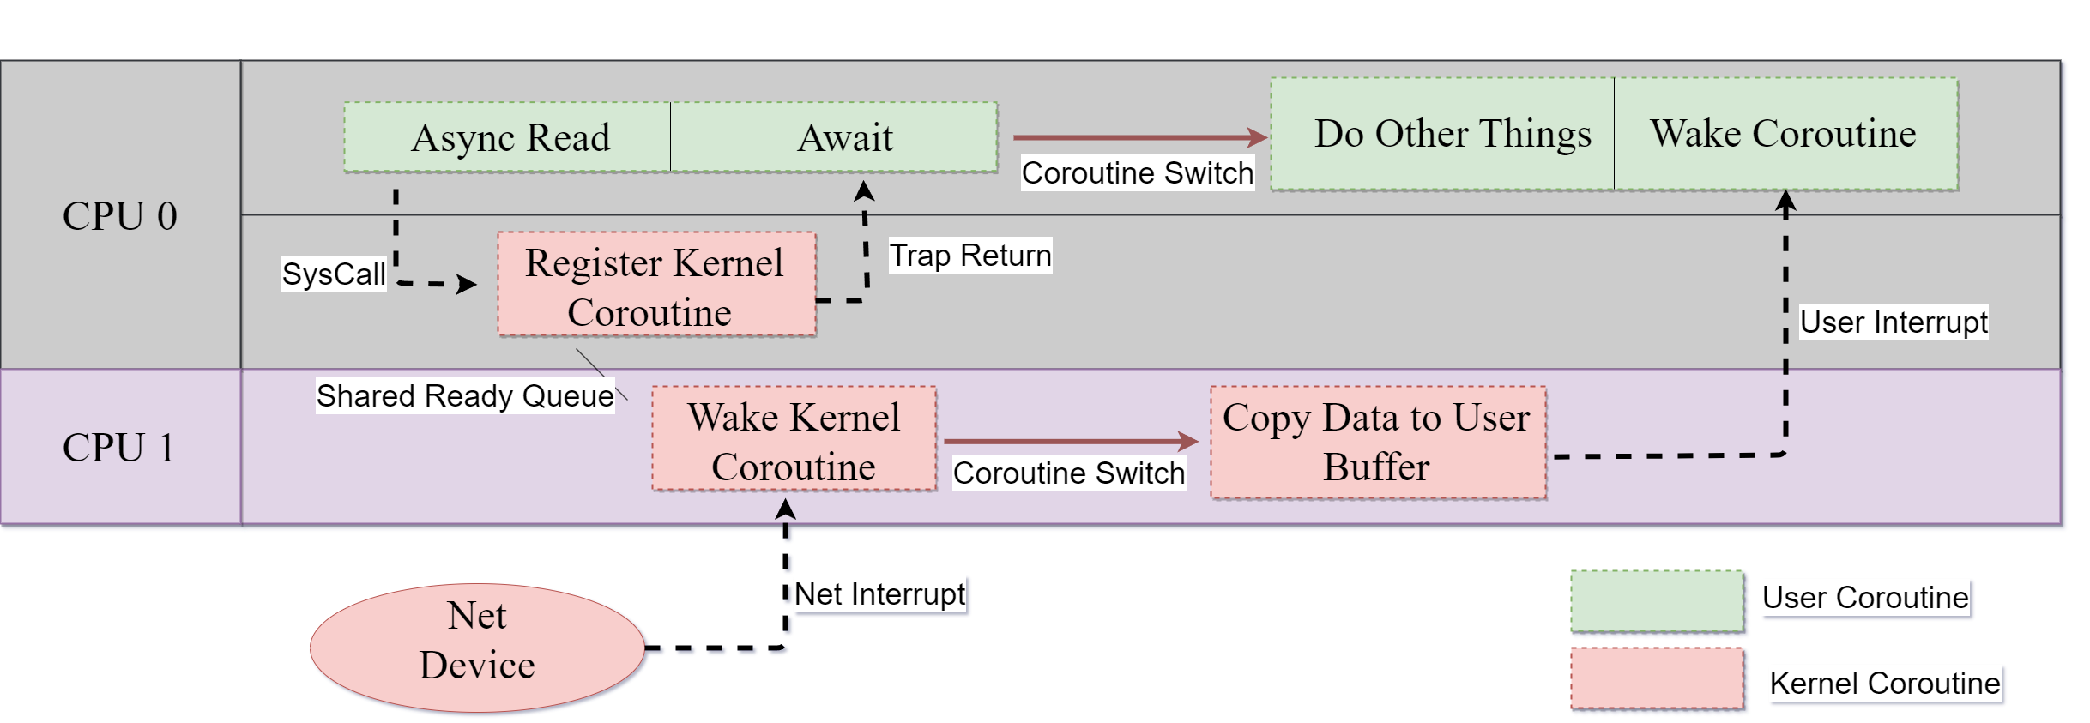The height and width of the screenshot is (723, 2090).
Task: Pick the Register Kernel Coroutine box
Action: (x=656, y=284)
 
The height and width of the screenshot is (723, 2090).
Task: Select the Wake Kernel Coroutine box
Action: (x=794, y=439)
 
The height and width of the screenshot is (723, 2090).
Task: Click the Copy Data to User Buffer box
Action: (x=1378, y=443)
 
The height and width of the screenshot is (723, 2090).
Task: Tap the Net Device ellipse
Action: (x=477, y=648)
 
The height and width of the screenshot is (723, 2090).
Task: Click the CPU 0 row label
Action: (x=120, y=215)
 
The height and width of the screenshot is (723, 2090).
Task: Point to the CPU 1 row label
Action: (x=120, y=448)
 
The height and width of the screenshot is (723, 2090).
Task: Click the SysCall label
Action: (x=334, y=274)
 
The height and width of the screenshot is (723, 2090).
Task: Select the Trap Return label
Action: (x=969, y=256)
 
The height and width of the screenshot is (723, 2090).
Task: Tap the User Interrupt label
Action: (x=1893, y=322)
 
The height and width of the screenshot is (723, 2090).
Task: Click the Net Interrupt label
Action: (x=879, y=594)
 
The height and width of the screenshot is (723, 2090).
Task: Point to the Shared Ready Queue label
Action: (x=465, y=396)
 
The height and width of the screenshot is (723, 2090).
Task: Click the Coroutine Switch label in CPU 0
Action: (x=1137, y=173)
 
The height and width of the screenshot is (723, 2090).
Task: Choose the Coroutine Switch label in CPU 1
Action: (x=1068, y=473)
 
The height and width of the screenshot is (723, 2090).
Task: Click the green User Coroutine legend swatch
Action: (x=1657, y=601)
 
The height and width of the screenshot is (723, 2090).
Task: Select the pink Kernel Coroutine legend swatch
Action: (x=1657, y=678)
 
